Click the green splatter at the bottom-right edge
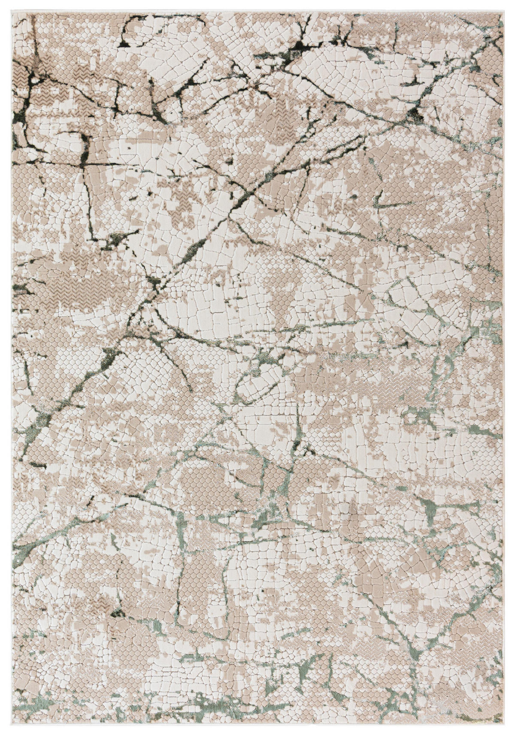coord(494,708)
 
